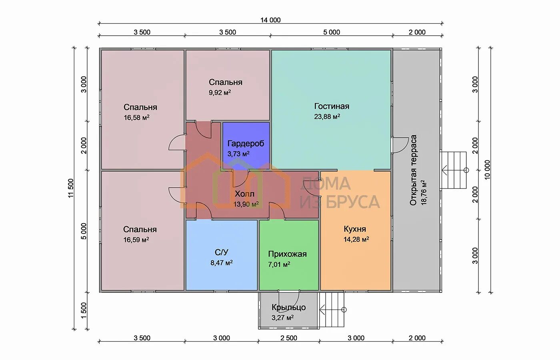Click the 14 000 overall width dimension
pyautogui.click(x=270, y=20)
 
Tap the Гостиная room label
pyautogui.click(x=332, y=106)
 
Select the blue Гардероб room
pyautogui.click(x=246, y=146)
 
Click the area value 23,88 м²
pyautogui.click(x=327, y=117)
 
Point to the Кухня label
pyautogui.click(x=355, y=229)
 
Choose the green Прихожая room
pyautogui.click(x=289, y=255)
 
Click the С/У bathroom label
pyautogui.click(x=222, y=252)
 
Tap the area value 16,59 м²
pyautogui.click(x=136, y=240)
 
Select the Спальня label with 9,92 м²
pyautogui.click(x=226, y=82)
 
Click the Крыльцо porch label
pyautogui.click(x=288, y=307)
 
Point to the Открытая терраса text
pyautogui.click(x=413, y=170)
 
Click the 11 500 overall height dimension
pyautogui.click(x=71, y=188)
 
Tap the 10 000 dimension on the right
pyautogui.click(x=488, y=170)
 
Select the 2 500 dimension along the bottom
pyautogui.click(x=289, y=338)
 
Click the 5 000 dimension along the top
pyautogui.click(x=332, y=32)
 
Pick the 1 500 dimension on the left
pyautogui.click(x=84, y=310)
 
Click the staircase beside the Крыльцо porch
pyautogui.click(x=332, y=310)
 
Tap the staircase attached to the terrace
pyautogui.click(x=453, y=170)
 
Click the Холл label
pyautogui.click(x=244, y=194)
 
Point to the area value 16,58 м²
pyautogui.click(x=136, y=118)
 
